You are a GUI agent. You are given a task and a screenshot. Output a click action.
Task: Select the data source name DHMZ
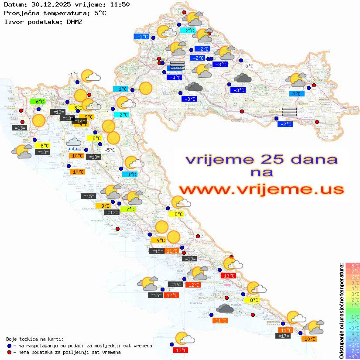[x=75, y=21]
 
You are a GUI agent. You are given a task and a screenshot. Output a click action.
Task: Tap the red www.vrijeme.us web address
[x=261, y=190]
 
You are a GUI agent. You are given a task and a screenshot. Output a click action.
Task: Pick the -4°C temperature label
[x=174, y=77]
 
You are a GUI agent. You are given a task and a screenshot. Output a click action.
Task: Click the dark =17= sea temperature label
[x=283, y=336]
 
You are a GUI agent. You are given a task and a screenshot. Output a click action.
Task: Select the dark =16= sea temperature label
[x=175, y=285]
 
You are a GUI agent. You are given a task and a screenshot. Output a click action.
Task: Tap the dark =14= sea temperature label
[x=79, y=122]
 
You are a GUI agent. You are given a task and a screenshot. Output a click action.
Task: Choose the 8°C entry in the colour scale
[x=352, y=265]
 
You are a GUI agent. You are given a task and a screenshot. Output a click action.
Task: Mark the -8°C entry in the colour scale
[x=352, y=356]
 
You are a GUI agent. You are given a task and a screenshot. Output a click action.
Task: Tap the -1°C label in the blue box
[x=142, y=37]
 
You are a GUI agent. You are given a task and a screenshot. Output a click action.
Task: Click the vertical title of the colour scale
[x=341, y=311]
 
